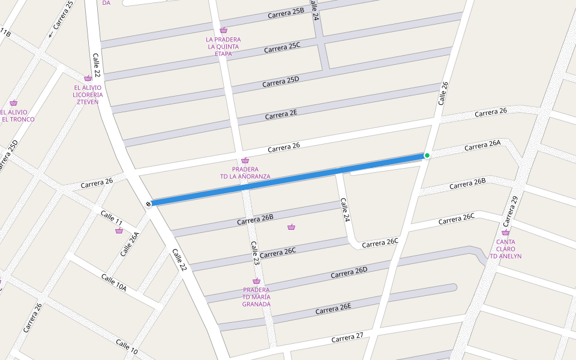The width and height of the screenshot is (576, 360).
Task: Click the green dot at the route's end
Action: point(427,155)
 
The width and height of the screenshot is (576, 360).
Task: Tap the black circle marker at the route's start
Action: point(148,203)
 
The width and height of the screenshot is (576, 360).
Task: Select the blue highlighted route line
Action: point(288,180)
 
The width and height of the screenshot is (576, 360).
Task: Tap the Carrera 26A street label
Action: point(482,145)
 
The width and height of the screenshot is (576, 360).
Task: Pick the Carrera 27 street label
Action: point(347,337)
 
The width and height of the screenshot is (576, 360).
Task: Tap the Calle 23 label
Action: point(256,254)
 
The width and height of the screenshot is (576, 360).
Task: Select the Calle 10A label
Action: point(113,283)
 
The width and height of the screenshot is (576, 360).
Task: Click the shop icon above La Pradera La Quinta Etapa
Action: point(223,30)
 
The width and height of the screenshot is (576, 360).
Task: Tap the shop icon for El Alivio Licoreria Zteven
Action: point(88,78)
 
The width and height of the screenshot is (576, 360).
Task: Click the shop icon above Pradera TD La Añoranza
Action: point(245,160)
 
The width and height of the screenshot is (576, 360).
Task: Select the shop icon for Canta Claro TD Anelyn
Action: point(505,232)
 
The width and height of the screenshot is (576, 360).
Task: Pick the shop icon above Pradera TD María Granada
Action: point(256,281)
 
